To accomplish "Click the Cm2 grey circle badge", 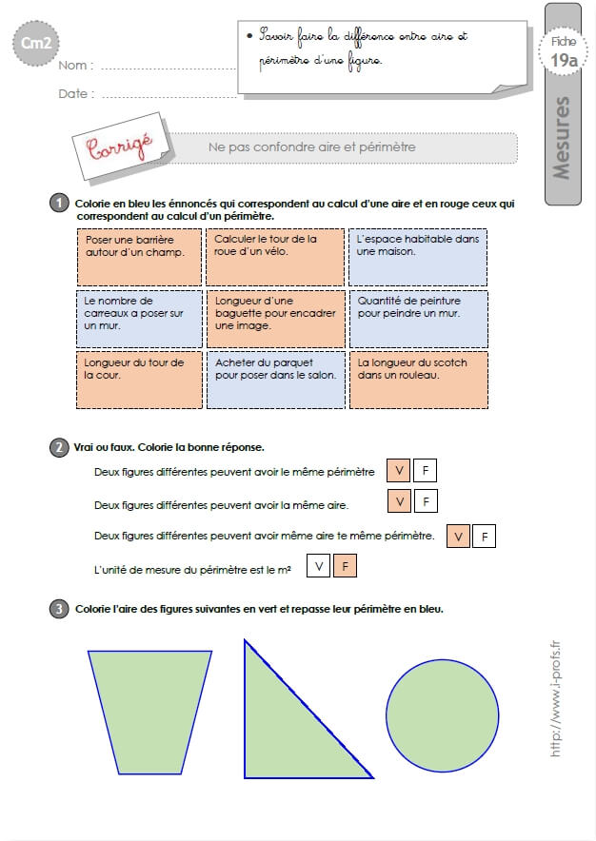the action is click(x=36, y=44).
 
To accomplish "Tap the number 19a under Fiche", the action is click(x=564, y=60).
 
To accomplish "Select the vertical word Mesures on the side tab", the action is click(x=561, y=138).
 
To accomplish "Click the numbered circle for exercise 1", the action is click(x=59, y=204).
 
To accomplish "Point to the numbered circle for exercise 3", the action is click(x=59, y=609).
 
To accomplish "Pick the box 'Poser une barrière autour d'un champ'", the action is click(x=140, y=257).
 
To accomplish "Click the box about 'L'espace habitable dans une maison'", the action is click(x=418, y=257).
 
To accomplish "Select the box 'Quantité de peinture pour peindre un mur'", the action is click(x=419, y=319).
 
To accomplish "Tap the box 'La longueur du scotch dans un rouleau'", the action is click(x=419, y=380).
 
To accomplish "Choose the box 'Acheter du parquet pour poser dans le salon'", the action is click(x=276, y=380).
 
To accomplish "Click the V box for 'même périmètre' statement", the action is click(x=398, y=470).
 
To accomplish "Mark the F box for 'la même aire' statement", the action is click(x=426, y=501).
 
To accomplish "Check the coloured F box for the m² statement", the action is click(x=345, y=566).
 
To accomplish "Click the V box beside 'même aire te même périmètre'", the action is click(x=458, y=537).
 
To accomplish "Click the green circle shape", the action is click(x=443, y=715).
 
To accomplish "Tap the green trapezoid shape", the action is click(x=149, y=713).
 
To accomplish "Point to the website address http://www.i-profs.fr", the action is click(x=556, y=698).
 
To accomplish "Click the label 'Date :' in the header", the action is click(x=76, y=93).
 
